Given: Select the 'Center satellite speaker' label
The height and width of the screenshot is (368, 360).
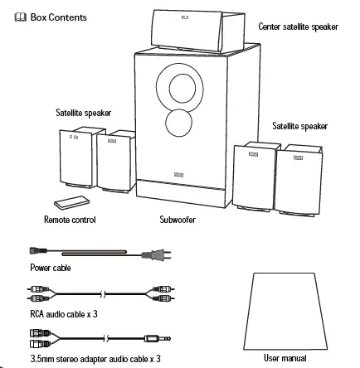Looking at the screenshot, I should pyautogui.click(x=298, y=27).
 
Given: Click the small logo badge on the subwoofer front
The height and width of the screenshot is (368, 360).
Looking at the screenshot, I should pyautogui.click(x=182, y=173).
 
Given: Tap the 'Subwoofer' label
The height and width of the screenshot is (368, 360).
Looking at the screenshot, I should pyautogui.click(x=177, y=220).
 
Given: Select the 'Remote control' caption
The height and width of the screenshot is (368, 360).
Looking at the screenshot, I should pyautogui.click(x=69, y=220).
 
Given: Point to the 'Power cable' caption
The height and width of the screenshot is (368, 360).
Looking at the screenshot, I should pyautogui.click(x=51, y=268).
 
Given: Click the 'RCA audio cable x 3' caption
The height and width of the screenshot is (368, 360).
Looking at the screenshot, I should pyautogui.click(x=64, y=314).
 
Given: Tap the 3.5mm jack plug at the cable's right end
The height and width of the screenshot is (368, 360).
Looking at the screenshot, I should pyautogui.click(x=156, y=338).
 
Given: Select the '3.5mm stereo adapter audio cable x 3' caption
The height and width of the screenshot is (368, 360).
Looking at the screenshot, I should pyautogui.click(x=95, y=359).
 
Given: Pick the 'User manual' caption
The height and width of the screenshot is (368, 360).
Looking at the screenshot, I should pyautogui.click(x=285, y=358).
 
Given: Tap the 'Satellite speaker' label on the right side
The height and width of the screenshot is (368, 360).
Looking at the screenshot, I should pyautogui.click(x=299, y=126).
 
